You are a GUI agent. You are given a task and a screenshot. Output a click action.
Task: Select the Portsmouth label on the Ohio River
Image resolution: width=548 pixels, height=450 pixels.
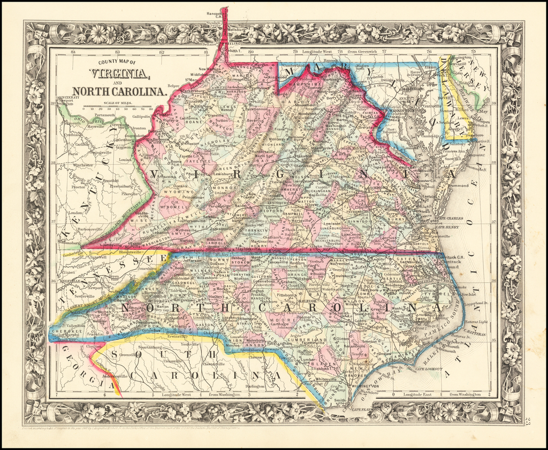[105, 115]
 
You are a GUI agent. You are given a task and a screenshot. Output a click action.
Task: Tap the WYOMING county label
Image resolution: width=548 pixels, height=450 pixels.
[177, 191]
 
